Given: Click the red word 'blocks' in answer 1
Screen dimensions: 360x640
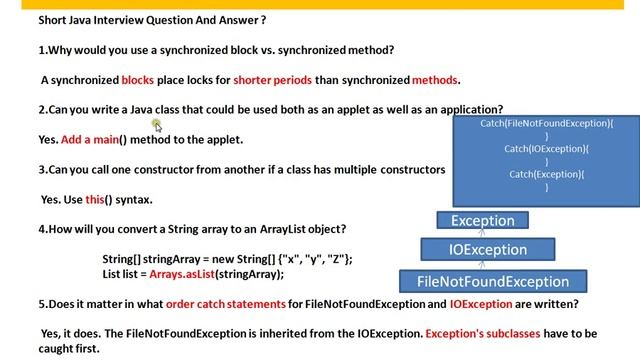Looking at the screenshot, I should [137, 80].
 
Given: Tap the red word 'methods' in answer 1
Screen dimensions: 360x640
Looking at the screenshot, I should [434, 80].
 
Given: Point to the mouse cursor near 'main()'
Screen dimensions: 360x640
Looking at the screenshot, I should [157, 125].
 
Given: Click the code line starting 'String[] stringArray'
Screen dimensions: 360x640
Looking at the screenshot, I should [227, 259].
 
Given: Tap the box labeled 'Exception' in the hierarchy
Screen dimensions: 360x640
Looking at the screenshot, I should [482, 221].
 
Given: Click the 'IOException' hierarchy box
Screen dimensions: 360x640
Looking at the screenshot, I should [487, 250].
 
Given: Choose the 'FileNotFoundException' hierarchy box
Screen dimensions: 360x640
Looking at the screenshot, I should [492, 281].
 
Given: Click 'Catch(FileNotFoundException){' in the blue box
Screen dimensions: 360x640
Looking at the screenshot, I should [546, 124].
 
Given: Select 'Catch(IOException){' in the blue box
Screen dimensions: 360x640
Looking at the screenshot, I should [546, 149].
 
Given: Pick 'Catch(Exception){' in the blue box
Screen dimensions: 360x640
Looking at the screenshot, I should [546, 175].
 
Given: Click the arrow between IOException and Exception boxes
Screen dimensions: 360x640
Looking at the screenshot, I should [481, 234].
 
